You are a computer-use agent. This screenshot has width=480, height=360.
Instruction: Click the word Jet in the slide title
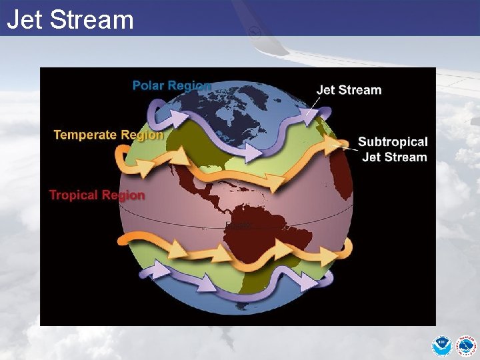point(26,19)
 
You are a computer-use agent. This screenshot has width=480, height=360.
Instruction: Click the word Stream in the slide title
point(92,19)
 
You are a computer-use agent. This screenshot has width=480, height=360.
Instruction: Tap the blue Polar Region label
point(171,85)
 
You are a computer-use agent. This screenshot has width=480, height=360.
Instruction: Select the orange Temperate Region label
point(108,135)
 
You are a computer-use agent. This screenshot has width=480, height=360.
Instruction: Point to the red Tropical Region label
point(97,195)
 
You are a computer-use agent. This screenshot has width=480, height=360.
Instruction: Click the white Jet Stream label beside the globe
point(348,90)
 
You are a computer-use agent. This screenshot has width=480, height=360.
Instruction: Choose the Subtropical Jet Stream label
point(393,149)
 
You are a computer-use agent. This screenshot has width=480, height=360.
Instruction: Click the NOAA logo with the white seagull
point(441,346)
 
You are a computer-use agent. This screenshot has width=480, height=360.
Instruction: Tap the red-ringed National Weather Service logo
point(466,346)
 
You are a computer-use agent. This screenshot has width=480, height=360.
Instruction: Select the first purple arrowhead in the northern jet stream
point(177,117)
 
